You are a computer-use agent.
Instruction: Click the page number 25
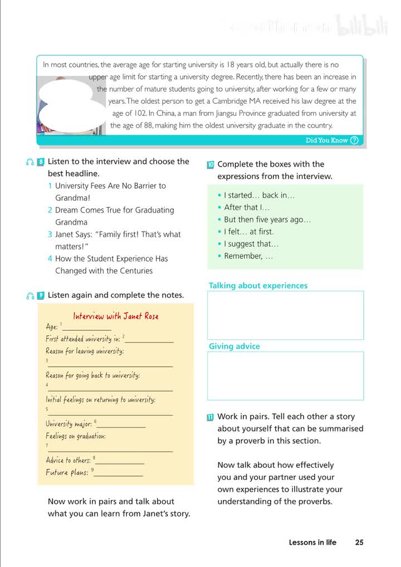[x=359, y=542]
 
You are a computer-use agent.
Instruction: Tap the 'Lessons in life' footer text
[x=312, y=542]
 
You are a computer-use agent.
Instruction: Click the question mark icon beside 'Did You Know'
[x=354, y=141]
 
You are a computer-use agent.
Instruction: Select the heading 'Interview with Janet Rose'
[x=116, y=316]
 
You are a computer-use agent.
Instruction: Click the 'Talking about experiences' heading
[x=258, y=286]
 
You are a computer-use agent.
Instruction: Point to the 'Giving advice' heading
[x=234, y=347]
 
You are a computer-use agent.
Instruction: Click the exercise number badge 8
[x=40, y=162]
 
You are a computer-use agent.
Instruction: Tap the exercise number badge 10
[x=210, y=165]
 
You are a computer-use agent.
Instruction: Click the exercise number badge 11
[x=210, y=417]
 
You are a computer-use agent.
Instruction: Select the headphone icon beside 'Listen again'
[x=30, y=295]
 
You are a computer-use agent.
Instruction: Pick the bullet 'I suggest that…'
[x=251, y=244]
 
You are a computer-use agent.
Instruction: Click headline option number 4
[x=50, y=259]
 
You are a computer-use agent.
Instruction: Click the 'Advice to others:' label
[x=68, y=460]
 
